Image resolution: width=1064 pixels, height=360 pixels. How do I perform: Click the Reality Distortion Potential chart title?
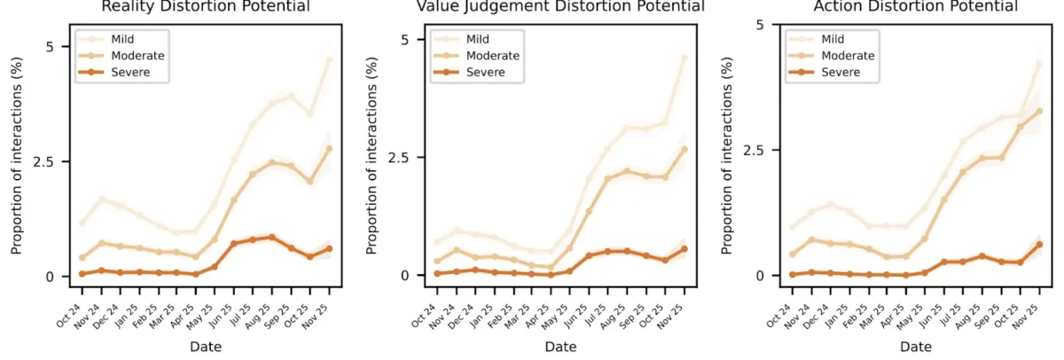(206, 6)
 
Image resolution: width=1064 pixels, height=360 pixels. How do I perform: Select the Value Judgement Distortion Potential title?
(560, 6)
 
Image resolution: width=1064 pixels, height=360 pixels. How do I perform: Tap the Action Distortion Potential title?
(917, 6)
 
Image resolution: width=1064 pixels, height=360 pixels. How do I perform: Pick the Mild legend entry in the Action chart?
(832, 39)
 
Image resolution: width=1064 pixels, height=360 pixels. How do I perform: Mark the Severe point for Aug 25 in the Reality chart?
(271, 237)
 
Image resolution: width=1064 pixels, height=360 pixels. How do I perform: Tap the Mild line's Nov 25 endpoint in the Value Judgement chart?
(685, 58)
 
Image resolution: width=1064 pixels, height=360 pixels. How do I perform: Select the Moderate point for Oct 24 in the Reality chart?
(82, 258)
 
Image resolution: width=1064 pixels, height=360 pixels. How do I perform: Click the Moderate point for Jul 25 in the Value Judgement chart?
(607, 178)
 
